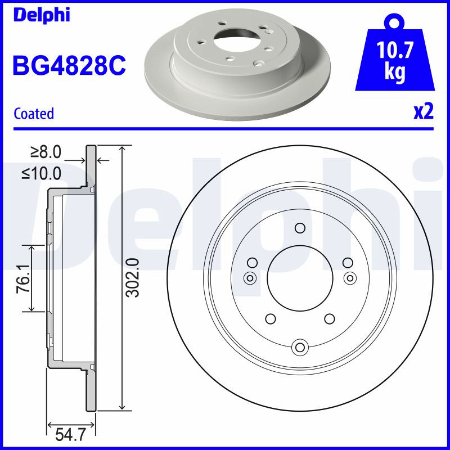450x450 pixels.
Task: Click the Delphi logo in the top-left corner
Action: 42,15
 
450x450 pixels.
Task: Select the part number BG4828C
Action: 69,65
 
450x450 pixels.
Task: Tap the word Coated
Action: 34,114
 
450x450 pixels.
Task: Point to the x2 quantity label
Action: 424,112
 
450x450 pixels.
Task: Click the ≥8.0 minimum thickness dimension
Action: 46,152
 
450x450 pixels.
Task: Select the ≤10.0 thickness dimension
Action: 42,173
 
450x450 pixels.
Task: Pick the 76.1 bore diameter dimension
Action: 23,278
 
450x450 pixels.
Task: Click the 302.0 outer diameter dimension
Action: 133,277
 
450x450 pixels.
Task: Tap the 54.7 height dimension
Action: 70,434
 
